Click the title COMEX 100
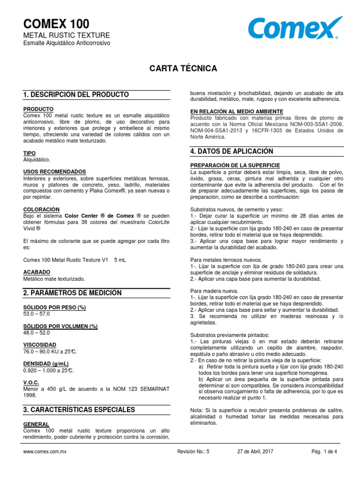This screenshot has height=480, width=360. click(x=56, y=24)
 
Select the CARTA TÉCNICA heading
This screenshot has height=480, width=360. click(x=183, y=68)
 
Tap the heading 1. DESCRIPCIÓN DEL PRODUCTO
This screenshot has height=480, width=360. click(x=76, y=95)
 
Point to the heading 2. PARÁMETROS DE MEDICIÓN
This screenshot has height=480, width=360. click(x=72, y=293)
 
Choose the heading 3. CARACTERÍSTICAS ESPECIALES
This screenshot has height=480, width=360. click(x=79, y=410)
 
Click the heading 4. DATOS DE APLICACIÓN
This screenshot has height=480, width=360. click(x=232, y=151)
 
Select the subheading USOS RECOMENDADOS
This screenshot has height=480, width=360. click(x=54, y=172)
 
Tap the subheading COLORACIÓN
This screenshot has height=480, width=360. click(x=41, y=209)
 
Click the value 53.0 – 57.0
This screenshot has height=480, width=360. click(x=36, y=314)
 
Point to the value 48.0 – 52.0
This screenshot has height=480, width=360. click(x=36, y=332)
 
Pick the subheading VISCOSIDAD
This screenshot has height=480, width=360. click(x=39, y=345)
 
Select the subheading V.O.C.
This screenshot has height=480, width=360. click(x=32, y=382)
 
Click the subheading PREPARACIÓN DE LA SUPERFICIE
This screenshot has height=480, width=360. click(x=235, y=165)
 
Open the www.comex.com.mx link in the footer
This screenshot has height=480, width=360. click(x=45, y=451)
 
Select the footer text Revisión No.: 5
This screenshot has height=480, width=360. click(x=194, y=451)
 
